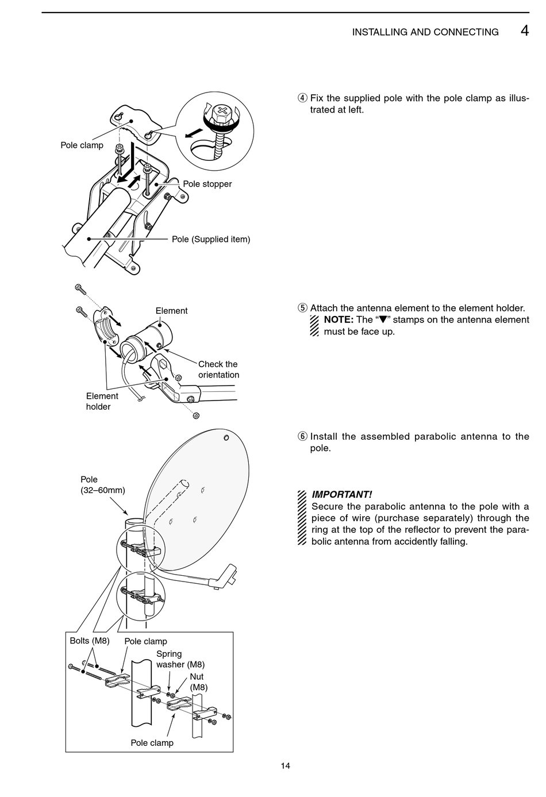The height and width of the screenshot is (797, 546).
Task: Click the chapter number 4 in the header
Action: click(x=524, y=30)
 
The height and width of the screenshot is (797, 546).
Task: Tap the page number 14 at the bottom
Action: click(x=286, y=765)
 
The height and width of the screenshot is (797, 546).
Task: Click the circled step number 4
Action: click(x=302, y=98)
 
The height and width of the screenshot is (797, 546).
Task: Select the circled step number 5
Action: click(x=302, y=309)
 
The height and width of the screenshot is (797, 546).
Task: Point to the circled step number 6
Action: click(x=302, y=437)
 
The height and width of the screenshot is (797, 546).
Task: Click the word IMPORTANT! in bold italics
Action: click(x=341, y=494)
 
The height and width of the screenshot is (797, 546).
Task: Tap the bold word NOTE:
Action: click(x=338, y=320)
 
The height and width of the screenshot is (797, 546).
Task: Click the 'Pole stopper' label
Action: click(x=207, y=184)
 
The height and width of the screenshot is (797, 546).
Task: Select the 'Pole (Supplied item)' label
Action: click(x=211, y=239)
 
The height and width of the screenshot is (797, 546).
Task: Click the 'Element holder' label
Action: click(x=102, y=401)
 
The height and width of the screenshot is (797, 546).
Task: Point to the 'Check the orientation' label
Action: click(x=218, y=369)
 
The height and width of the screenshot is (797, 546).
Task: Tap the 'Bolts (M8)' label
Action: click(x=90, y=641)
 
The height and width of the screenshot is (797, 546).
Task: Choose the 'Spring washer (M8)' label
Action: click(x=180, y=659)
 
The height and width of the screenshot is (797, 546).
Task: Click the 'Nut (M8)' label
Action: click(x=198, y=682)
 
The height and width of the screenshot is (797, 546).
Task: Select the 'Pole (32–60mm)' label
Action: click(x=102, y=484)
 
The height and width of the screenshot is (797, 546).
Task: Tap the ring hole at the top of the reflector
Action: click(x=226, y=438)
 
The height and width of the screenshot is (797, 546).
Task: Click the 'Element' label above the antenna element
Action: click(x=171, y=311)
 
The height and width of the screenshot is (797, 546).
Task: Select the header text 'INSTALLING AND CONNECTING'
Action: click(x=425, y=32)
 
